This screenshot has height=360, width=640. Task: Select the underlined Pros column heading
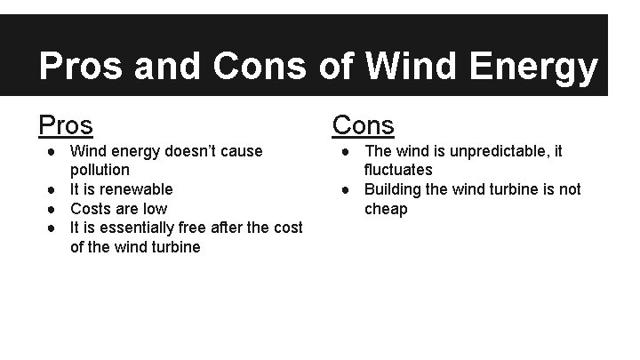(x=66, y=126)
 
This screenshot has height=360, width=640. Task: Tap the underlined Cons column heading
(x=364, y=126)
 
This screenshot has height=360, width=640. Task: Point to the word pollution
(x=100, y=170)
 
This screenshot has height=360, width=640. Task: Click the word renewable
(x=137, y=189)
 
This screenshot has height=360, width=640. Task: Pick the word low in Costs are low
(x=156, y=209)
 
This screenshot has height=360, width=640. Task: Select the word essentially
(x=137, y=228)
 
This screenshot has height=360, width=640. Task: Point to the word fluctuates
(x=398, y=170)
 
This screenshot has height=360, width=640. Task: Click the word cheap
(x=386, y=209)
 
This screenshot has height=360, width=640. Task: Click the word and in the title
(x=169, y=68)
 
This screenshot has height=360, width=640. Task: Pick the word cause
(x=242, y=151)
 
